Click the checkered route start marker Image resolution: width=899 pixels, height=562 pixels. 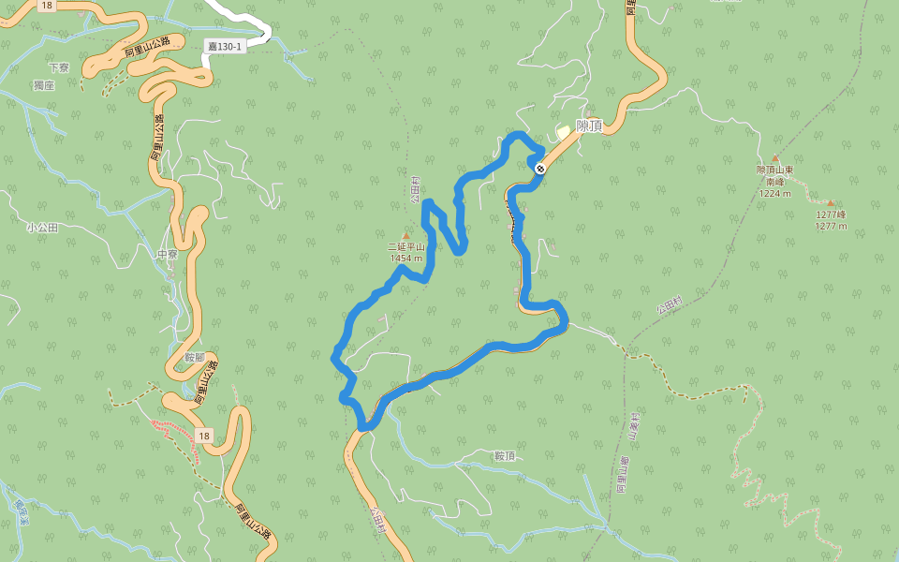(541, 168)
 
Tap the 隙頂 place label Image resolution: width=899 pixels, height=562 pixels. (589, 126)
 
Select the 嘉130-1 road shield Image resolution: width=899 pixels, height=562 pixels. (225, 46)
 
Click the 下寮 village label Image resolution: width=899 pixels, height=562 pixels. (59, 67)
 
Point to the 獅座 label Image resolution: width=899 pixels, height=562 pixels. (44, 85)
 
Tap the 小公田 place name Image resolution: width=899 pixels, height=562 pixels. (42, 228)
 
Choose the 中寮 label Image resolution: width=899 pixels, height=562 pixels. (168, 255)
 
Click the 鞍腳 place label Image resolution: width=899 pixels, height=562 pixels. (194, 357)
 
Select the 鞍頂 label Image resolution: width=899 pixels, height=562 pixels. (505, 456)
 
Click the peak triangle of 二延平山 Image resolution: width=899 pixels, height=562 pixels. (405, 236)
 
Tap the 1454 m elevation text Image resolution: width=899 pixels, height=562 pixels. (406, 259)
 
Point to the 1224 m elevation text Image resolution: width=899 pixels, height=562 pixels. (775, 194)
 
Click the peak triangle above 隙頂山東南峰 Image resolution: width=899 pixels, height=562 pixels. (775, 159)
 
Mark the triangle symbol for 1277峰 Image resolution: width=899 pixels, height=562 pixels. (830, 202)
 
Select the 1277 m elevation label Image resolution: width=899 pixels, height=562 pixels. (831, 226)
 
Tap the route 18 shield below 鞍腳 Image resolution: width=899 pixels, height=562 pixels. (204, 435)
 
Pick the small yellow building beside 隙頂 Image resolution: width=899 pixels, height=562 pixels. (562, 131)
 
